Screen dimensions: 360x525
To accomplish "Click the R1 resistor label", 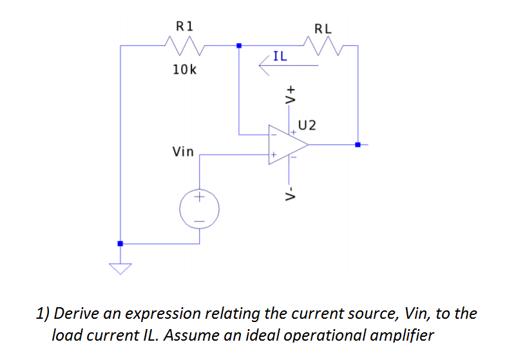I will pyautogui.click(x=185, y=26).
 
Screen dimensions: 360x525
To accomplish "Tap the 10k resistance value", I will pyautogui.click(x=185, y=69).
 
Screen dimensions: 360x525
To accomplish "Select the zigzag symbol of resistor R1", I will pyautogui.click(x=185, y=46).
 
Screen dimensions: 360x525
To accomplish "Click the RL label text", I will pyautogui.click(x=323, y=28).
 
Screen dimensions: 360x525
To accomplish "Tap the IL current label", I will pyautogui.click(x=280, y=57).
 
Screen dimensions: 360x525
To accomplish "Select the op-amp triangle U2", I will pyautogui.click(x=287, y=144).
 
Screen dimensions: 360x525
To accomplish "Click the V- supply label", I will pyautogui.click(x=291, y=193).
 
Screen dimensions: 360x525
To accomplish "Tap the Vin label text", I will pyautogui.click(x=183, y=152).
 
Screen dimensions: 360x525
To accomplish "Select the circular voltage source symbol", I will pyautogui.click(x=199, y=209).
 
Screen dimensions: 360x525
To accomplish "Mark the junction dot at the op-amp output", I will pyautogui.click(x=358, y=145).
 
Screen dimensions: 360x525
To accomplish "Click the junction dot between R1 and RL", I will pyautogui.click(x=239, y=46).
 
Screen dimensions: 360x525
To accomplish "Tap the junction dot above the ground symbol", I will pyautogui.click(x=120, y=243).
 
